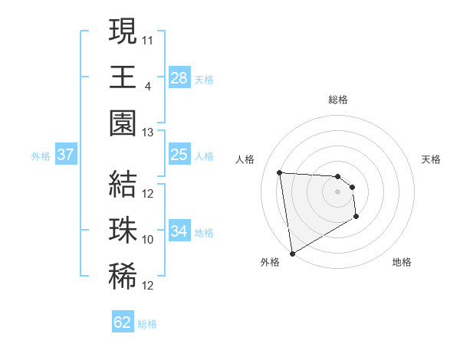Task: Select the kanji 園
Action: pos(123,123)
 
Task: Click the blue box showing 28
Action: pos(179,77)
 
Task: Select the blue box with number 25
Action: pos(179,155)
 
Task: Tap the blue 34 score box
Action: pos(179,231)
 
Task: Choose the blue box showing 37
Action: pos(65,155)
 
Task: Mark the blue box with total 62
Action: pos(123,322)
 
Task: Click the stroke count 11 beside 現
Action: pos(148,38)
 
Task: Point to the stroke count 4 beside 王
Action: pos(147,86)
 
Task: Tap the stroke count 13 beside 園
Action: pos(148,132)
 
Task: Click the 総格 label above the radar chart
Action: pos(338,100)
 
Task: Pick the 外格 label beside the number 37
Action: pos(41,156)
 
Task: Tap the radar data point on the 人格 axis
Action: pos(280,172)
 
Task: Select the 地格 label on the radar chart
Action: pos(402,262)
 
